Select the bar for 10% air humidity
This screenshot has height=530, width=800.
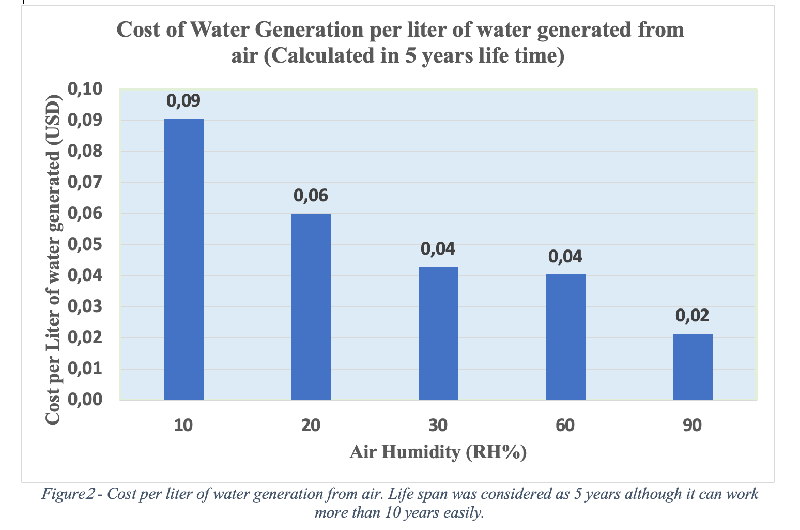(x=183, y=259)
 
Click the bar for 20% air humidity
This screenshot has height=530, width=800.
(x=311, y=306)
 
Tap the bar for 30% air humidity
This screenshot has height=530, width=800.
(x=438, y=333)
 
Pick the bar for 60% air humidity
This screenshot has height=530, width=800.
(x=565, y=337)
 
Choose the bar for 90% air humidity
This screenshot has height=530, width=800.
(x=693, y=366)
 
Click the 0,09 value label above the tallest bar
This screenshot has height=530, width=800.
(x=183, y=101)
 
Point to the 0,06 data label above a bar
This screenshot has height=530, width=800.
(x=311, y=196)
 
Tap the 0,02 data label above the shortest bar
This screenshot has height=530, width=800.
(x=693, y=316)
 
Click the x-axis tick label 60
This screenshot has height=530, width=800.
(x=565, y=425)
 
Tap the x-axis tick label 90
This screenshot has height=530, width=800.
(x=693, y=425)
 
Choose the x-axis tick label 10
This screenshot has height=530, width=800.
(x=183, y=425)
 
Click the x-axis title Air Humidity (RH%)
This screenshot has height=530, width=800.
(x=438, y=452)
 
